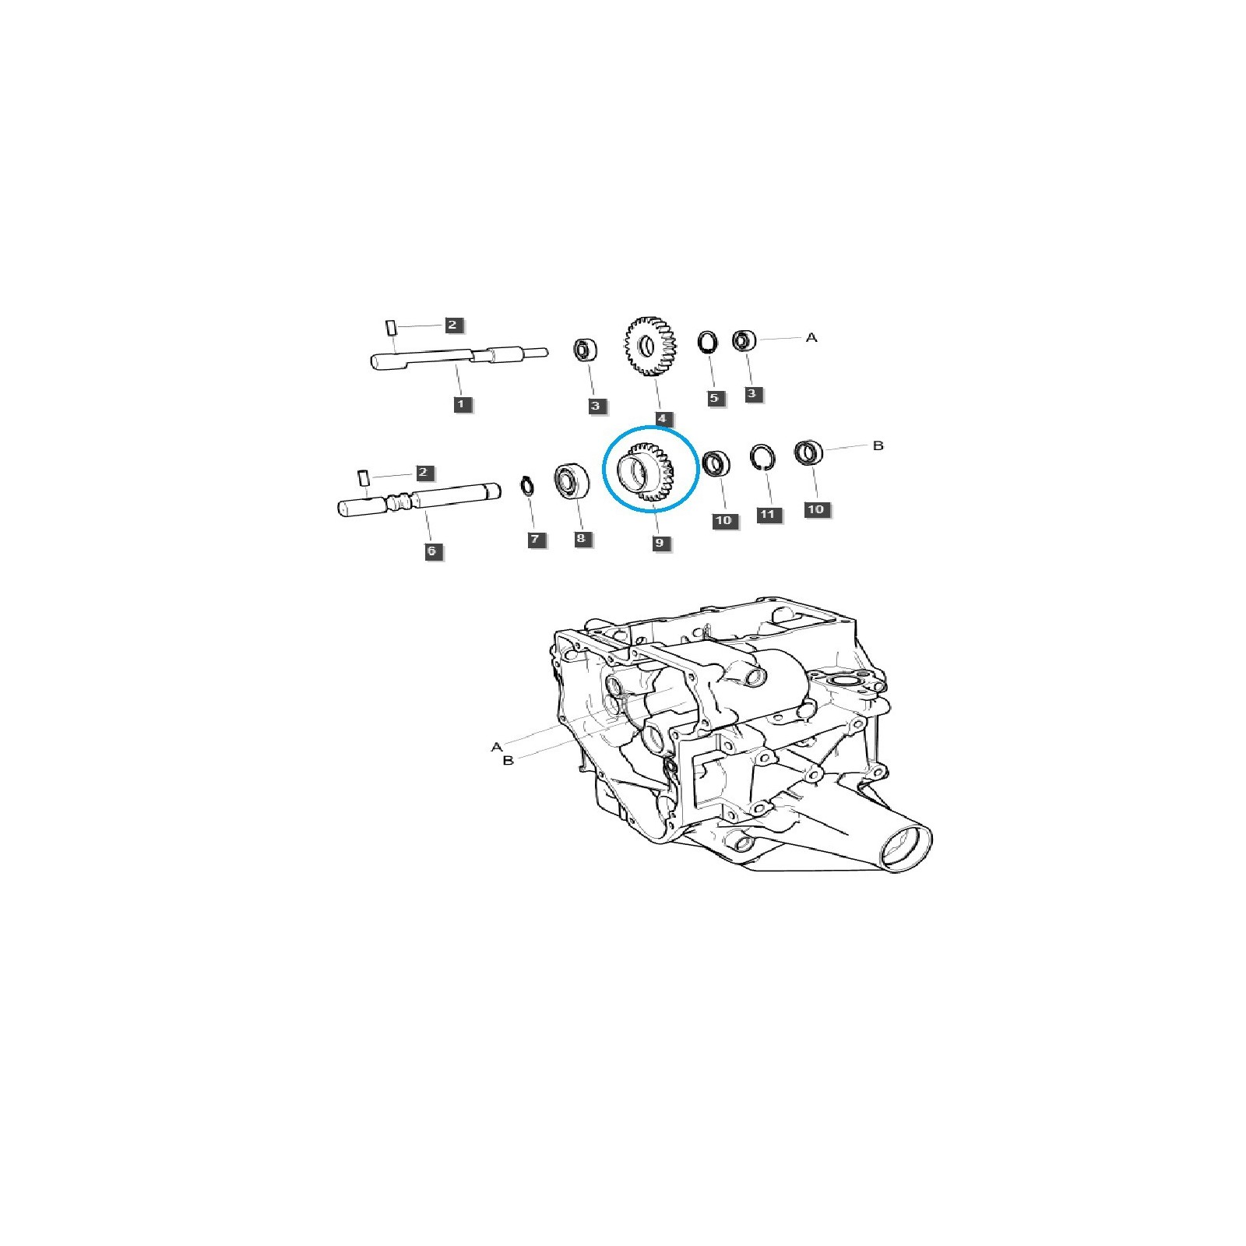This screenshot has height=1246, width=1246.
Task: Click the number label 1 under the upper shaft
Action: (460, 404)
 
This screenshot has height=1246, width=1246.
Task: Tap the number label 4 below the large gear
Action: (661, 419)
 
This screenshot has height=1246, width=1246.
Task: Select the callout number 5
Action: (713, 398)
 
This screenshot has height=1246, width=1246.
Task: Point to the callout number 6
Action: (431, 551)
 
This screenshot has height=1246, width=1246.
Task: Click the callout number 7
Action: (536, 538)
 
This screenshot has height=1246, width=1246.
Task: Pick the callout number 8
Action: (583, 538)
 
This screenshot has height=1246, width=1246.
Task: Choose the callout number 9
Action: (660, 542)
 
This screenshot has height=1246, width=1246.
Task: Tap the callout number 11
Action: (769, 514)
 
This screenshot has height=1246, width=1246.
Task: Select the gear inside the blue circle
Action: (645, 473)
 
